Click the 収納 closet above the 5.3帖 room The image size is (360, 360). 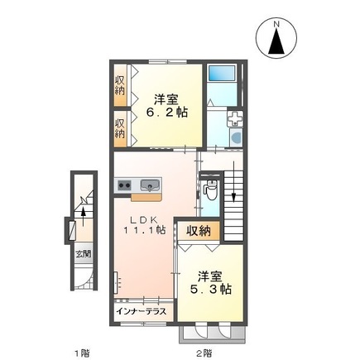198,231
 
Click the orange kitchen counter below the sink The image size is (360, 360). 145,198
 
